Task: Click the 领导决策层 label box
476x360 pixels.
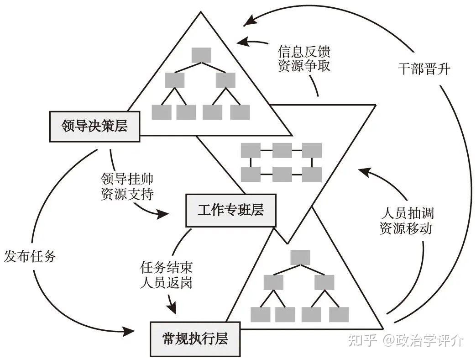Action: click(x=95, y=127)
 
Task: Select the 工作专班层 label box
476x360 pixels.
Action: click(x=231, y=210)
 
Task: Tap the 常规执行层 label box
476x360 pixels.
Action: click(x=195, y=339)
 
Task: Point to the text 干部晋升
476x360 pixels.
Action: click(x=424, y=69)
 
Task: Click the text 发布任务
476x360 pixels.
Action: click(x=30, y=256)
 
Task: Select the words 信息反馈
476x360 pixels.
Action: click(x=304, y=52)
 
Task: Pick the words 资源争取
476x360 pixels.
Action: click(x=304, y=66)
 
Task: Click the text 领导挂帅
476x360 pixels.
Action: click(x=127, y=179)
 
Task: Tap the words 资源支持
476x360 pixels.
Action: click(x=127, y=194)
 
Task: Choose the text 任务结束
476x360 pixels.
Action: click(x=166, y=267)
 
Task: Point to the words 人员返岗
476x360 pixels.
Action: click(x=166, y=282)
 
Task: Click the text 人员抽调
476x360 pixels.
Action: click(x=408, y=213)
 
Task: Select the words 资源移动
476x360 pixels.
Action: click(x=406, y=228)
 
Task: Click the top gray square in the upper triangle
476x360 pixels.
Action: click(x=201, y=55)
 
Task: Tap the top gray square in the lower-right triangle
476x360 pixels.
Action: click(x=300, y=257)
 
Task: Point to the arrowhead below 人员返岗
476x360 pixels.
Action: click(x=172, y=308)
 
